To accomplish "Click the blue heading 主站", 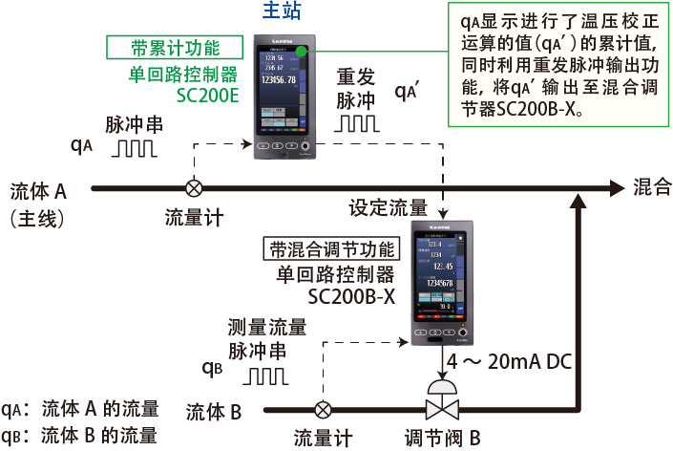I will click(x=282, y=13).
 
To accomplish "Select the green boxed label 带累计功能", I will click(x=175, y=48).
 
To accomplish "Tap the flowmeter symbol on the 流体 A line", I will click(x=194, y=187).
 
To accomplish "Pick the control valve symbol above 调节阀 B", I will click(x=441, y=403).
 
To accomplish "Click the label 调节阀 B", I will click(x=441, y=439).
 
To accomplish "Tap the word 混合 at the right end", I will click(x=651, y=186).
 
